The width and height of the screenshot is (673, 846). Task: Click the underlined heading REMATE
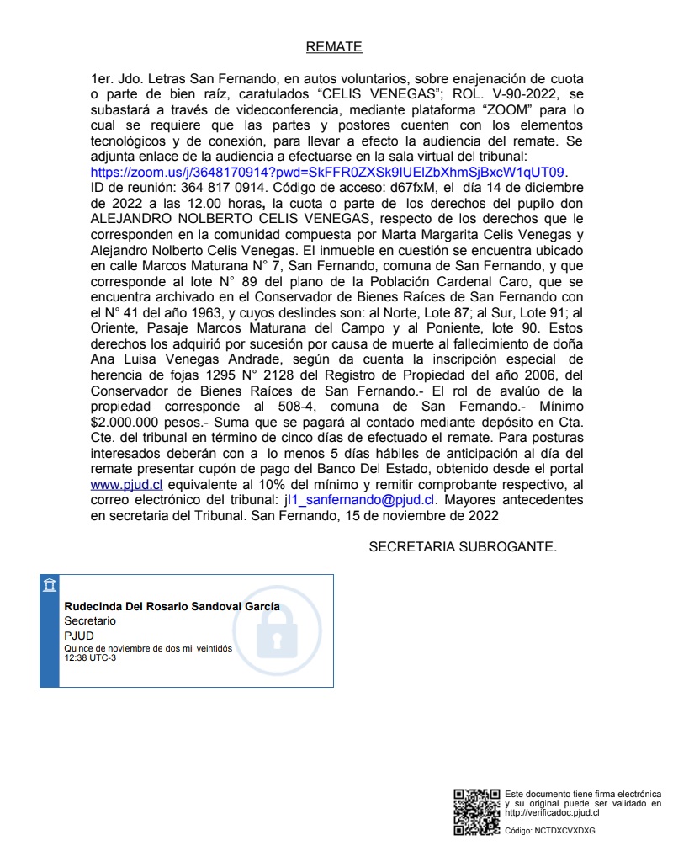334,47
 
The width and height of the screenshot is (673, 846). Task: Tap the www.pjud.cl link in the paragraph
125,486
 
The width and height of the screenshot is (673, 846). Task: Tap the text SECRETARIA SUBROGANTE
463,547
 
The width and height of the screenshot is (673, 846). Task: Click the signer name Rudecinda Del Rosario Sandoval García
172,607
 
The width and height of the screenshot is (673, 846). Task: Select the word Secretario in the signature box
91,621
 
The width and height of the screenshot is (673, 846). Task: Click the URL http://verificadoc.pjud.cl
552,813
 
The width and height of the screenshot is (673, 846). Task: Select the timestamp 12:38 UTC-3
91,657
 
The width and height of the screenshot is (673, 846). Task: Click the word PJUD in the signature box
79,636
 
